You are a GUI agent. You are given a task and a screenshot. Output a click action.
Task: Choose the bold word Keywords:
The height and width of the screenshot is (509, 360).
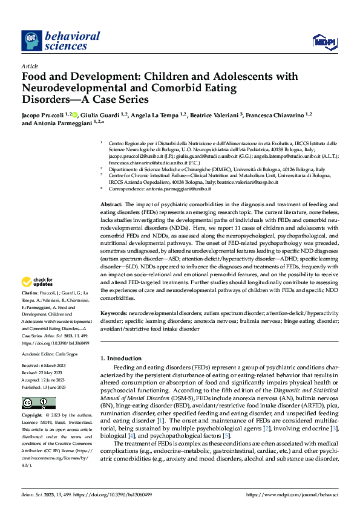113,314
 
